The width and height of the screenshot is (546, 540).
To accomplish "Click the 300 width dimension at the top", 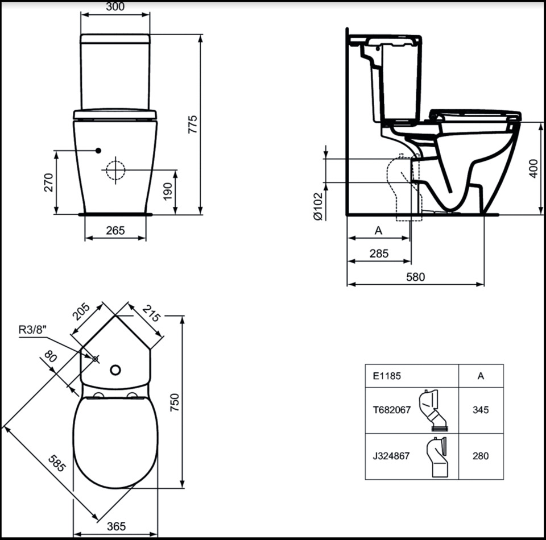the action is pyautogui.click(x=115, y=6).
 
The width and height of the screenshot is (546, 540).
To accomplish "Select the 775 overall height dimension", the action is pyautogui.click(x=193, y=124).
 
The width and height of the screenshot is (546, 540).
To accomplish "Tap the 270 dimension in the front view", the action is pyautogui.click(x=49, y=182).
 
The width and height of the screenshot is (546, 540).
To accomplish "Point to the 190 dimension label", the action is pyautogui.click(x=167, y=192).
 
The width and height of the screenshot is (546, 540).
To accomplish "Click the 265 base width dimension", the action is pyautogui.click(x=115, y=230).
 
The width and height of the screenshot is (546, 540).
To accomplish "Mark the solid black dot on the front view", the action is pyautogui.click(x=98, y=151).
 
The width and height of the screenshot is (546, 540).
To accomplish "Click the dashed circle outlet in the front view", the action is pyautogui.click(x=115, y=170).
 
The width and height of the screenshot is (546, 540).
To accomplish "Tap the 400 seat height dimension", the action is pyautogui.click(x=533, y=169).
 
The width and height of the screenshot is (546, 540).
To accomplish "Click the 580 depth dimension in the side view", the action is pyautogui.click(x=415, y=277).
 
